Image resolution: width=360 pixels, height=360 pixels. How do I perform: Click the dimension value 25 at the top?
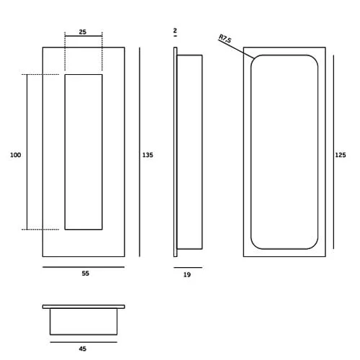tap(83, 32)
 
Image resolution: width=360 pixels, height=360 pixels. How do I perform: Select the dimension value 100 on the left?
tap(15, 155)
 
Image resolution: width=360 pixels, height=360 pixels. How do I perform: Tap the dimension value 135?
tap(148, 155)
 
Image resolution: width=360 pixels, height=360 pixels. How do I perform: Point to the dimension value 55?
tap(85, 274)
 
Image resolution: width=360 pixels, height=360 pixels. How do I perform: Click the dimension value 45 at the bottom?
tap(83, 348)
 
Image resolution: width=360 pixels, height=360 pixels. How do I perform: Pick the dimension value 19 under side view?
tap(187, 274)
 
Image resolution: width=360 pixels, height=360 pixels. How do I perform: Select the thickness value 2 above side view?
tap(175, 31)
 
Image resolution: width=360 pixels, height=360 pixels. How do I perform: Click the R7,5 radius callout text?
tap(225, 39)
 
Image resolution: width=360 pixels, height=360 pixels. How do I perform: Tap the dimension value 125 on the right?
tap(341, 155)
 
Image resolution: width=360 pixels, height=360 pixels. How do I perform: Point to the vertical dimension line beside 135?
tap(139, 151)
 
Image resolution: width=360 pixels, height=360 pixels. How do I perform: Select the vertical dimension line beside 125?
tap(333, 151)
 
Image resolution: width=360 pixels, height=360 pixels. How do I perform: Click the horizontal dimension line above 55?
tap(84, 266)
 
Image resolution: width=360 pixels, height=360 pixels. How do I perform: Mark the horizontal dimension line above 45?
tap(83, 342)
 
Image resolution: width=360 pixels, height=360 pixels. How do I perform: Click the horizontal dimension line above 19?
tap(188, 267)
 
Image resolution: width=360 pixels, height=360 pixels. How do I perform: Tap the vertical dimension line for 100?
tap(27, 151)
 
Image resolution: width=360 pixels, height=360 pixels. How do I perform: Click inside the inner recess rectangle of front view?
tap(84, 151)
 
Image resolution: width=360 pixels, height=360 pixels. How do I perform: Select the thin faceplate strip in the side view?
tap(175, 151)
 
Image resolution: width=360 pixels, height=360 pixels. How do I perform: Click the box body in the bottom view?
tap(84, 321)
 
